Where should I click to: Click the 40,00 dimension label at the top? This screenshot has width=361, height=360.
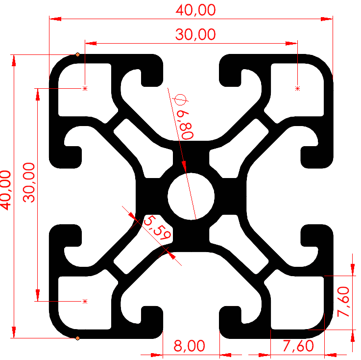[x=191, y=9]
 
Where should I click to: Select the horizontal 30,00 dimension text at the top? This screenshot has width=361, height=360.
[x=191, y=34]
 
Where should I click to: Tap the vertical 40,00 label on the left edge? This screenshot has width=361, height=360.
[x=6, y=189]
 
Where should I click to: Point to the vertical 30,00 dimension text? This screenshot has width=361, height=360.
[x=30, y=182]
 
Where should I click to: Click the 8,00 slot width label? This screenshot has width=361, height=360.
[x=190, y=346]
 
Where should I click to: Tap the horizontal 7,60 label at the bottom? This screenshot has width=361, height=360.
[x=298, y=346]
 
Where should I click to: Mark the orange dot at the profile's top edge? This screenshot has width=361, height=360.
[x=78, y=54]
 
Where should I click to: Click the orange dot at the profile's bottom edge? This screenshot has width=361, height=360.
[x=78, y=338]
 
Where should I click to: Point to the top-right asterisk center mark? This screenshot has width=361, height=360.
[x=297, y=88]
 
